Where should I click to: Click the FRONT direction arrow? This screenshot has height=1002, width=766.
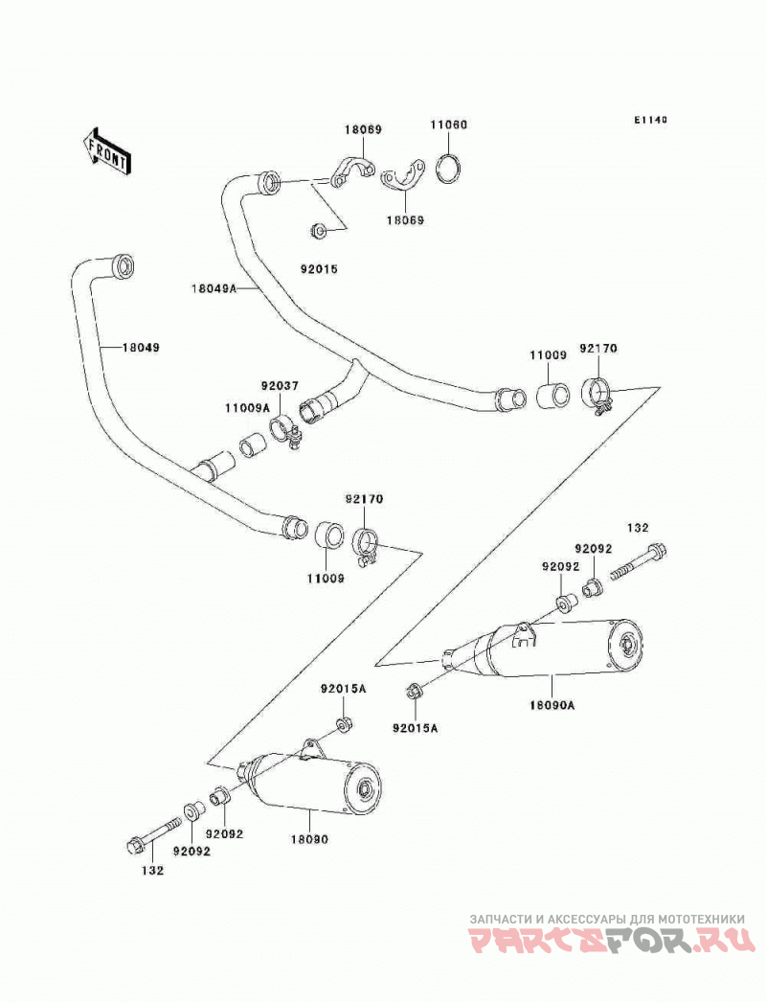106,150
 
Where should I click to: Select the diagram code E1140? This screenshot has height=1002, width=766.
650,120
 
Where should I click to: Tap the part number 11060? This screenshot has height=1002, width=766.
448,125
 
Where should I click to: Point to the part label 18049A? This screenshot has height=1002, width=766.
214,289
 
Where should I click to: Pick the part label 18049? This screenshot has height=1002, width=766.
141,348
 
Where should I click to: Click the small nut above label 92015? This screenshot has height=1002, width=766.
318,229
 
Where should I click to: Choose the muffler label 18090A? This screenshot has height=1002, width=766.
552,705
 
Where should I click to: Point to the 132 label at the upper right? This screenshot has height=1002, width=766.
637,527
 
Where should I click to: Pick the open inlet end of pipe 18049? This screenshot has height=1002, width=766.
124,266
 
